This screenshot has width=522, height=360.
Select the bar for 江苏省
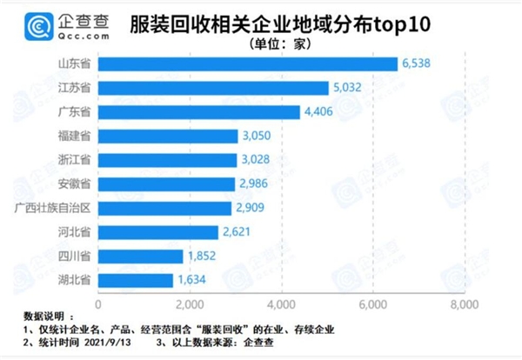tap(214, 88)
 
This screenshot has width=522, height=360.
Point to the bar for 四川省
tap(141, 256)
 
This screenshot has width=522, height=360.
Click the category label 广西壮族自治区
tap(54, 209)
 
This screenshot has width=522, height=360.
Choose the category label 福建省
tap(73, 137)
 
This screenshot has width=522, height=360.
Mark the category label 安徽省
tap(73, 184)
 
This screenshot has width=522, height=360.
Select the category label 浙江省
tap(73, 161)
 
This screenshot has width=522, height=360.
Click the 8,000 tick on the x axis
tap(464, 304)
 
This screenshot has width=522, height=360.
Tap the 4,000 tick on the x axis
tap(281, 304)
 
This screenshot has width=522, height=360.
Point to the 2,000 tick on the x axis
tap(190, 304)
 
